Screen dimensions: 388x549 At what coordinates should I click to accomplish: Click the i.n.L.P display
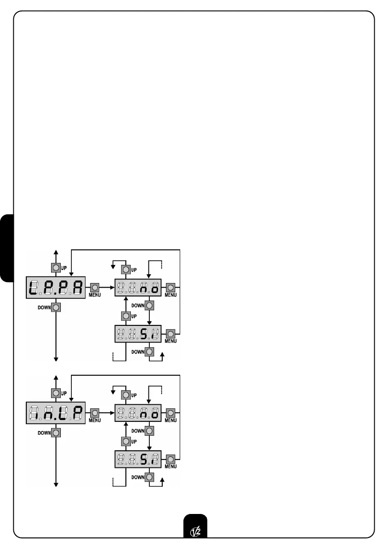[x=56, y=412]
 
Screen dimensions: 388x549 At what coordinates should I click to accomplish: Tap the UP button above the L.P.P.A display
[x=56, y=267]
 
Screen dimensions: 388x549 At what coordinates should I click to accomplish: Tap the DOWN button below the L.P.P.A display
[x=56, y=307]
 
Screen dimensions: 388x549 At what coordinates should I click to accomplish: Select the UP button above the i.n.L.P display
[x=56, y=393]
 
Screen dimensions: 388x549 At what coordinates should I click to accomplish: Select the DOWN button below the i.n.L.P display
[x=56, y=432]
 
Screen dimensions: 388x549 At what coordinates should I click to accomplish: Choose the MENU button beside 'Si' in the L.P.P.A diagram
[x=170, y=333]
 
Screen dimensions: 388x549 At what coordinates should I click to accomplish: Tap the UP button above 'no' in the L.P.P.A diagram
[x=125, y=268]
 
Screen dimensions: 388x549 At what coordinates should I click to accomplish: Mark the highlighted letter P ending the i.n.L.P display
[x=77, y=412]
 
